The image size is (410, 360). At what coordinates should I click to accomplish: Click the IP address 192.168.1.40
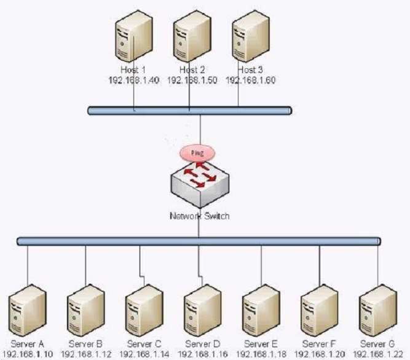point(133,80)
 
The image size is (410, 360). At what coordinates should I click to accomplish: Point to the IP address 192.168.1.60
point(251,80)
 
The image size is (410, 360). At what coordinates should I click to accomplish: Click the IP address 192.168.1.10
point(28,354)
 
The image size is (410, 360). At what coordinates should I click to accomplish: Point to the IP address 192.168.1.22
point(377,354)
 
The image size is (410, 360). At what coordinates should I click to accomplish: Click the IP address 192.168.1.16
point(203,354)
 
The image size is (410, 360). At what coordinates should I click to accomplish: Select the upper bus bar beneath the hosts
point(189,111)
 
